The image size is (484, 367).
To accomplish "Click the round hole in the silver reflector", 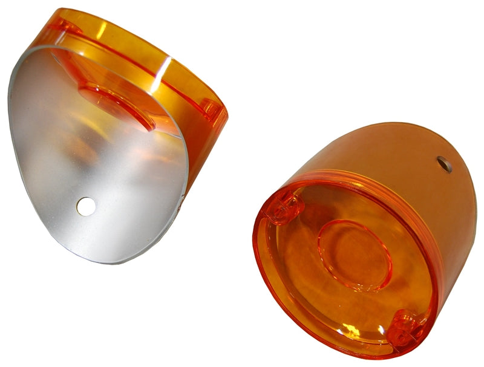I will click(x=85, y=207).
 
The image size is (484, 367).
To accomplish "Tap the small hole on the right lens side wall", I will click(x=445, y=164).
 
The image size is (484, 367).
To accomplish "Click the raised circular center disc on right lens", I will click(x=355, y=255).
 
